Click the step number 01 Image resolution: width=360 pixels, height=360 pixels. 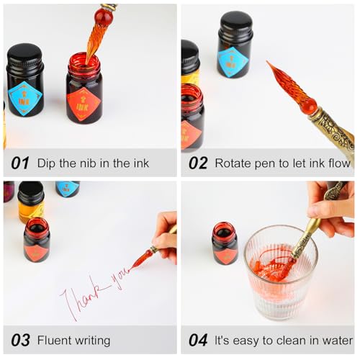(x=20, y=163)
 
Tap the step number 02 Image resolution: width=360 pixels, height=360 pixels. (x=198, y=163)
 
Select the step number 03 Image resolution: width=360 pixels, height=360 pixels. (x=20, y=340)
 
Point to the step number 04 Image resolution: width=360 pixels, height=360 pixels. (x=198, y=340)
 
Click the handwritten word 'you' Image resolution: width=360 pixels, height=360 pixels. (x=121, y=279)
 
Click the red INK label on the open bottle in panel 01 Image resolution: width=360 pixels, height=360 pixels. (x=84, y=104)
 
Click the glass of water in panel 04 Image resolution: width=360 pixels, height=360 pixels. (x=280, y=272)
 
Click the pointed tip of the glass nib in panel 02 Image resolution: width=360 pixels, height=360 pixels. (x=267, y=61)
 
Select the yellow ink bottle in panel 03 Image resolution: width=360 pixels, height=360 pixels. (x=31, y=202)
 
